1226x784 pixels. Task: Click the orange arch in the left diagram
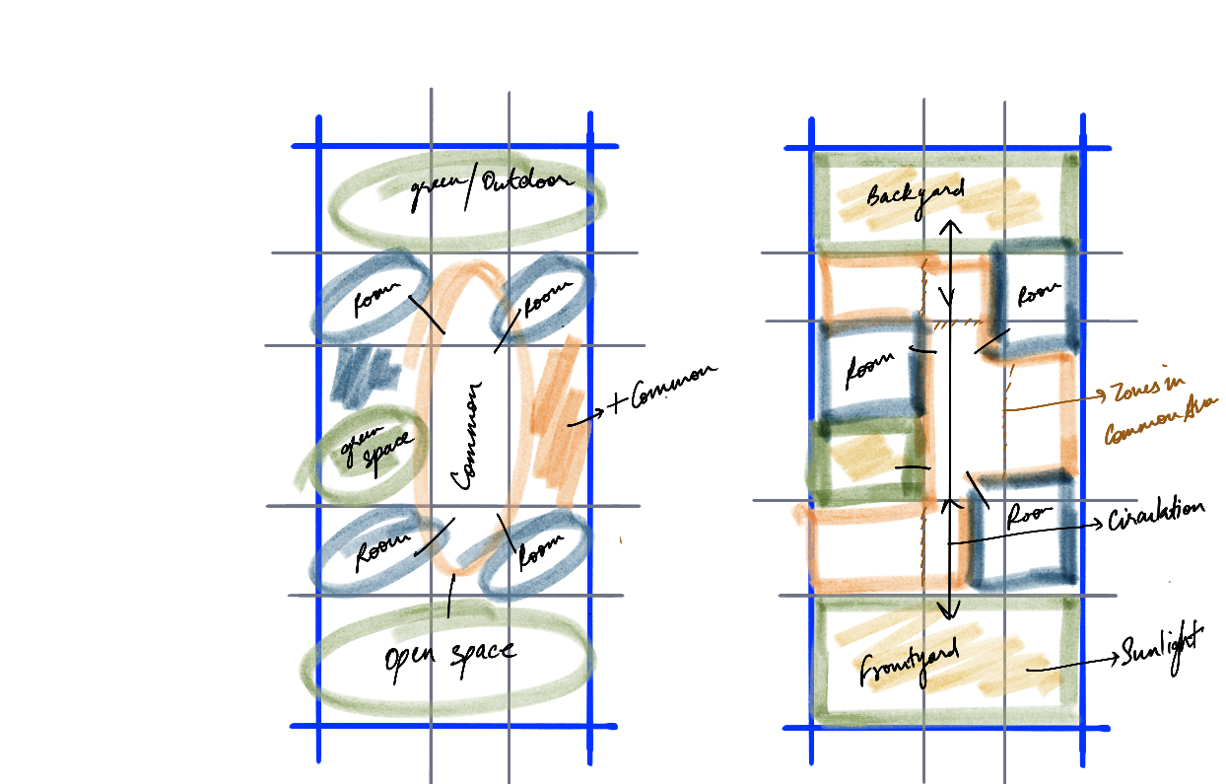463,286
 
